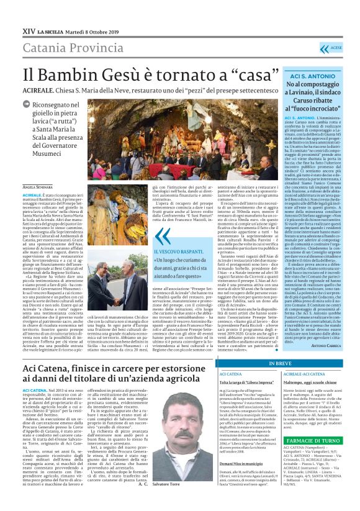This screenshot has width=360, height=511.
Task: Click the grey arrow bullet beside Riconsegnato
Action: [27, 106]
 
